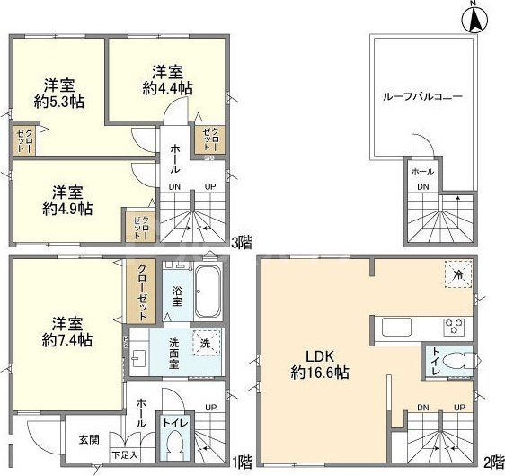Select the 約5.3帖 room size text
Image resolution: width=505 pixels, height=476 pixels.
pos(59,102)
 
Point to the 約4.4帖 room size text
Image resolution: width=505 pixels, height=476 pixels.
pos(168,88)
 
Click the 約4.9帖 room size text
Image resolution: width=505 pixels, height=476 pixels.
pos(67,208)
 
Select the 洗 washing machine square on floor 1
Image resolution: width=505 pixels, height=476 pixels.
pos(206,344)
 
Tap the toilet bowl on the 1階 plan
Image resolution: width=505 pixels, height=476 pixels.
pos(173,443)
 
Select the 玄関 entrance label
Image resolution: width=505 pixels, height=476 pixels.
pos(87,438)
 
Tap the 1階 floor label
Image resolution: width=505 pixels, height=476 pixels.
pos(240,464)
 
